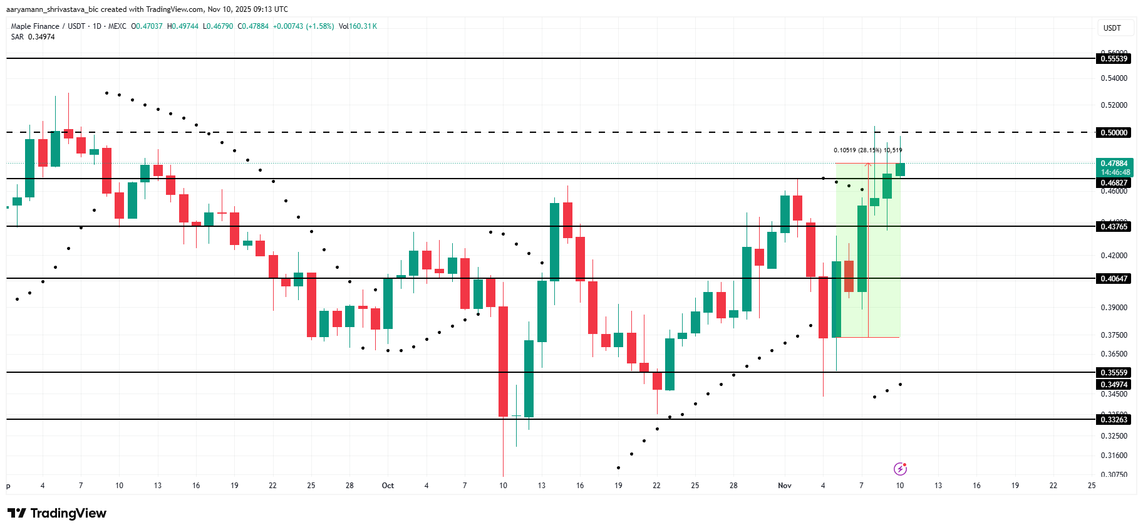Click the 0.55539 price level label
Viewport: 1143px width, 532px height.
1114,59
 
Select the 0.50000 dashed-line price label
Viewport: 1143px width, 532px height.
1114,133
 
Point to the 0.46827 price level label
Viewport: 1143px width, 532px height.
1114,183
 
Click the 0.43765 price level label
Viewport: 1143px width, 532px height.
1114,227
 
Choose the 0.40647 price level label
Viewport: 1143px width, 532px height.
1114,279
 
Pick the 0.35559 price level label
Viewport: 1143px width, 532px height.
1114,373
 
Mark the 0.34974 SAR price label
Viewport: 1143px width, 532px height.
1114,385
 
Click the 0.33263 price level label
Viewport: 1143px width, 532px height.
1114,420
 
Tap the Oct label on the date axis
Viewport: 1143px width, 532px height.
388,486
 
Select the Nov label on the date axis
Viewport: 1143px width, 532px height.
784,486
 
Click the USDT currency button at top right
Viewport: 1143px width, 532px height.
1112,28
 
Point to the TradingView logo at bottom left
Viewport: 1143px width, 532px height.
57,513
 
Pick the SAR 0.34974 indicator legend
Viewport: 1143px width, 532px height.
33,37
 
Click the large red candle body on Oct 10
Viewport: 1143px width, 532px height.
503,361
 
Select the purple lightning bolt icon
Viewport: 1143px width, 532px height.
900,469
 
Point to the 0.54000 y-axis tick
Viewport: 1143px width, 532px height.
1114,78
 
